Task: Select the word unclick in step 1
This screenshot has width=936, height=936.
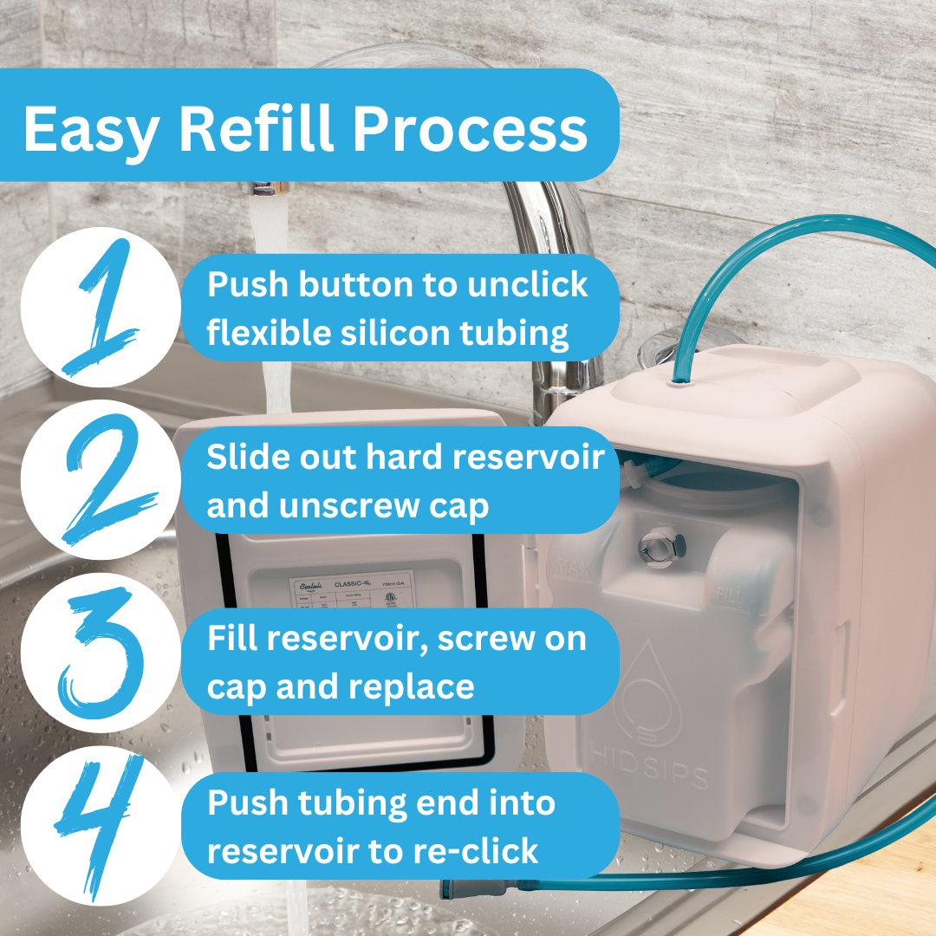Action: [x=528, y=284]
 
